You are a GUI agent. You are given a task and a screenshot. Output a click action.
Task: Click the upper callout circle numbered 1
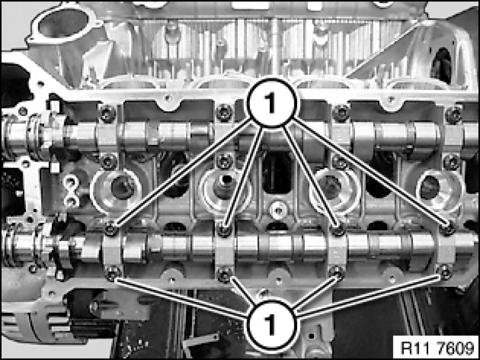(x=272, y=103)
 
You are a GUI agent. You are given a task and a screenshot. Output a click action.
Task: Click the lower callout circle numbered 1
(x=271, y=324)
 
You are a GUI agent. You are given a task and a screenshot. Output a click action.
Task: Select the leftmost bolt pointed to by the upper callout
(x=111, y=230)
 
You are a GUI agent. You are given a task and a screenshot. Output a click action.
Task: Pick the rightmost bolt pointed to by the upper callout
(x=449, y=229)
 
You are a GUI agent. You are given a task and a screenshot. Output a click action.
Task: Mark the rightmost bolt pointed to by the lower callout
(x=444, y=271)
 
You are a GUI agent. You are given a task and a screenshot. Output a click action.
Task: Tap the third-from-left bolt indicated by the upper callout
(x=339, y=230)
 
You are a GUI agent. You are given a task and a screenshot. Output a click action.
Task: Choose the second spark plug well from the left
(x=225, y=189)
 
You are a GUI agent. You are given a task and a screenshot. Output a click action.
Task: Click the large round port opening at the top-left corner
(x=62, y=23)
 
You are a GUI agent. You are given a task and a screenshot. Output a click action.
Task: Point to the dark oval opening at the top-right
(x=441, y=66)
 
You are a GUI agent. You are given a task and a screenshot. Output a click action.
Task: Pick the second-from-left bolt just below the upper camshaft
(x=225, y=162)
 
